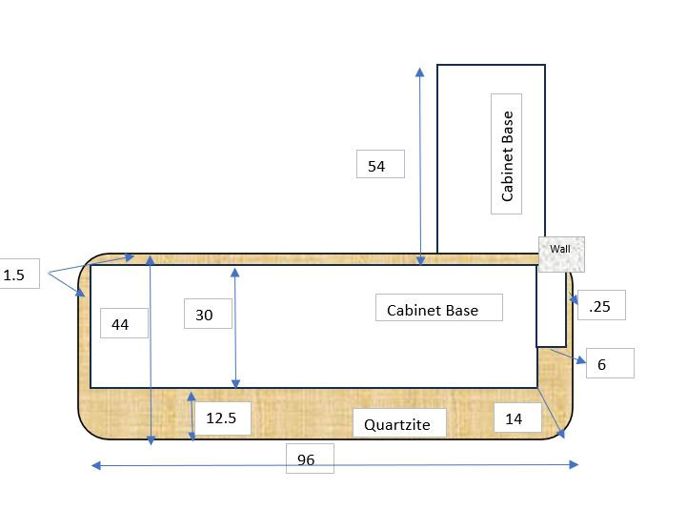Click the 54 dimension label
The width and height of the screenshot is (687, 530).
380,164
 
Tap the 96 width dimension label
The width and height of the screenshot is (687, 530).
310,459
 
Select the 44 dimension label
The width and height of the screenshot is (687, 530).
125,323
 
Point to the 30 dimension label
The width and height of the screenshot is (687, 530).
208,314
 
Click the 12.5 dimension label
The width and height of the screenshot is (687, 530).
223,418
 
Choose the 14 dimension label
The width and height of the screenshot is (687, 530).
517,418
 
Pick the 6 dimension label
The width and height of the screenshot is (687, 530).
610,363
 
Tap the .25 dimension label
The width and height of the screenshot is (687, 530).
601,305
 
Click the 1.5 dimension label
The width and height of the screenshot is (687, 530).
16,274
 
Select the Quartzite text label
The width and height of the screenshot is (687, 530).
399,423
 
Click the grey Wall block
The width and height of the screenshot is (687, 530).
561,255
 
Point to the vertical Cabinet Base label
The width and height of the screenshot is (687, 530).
506,153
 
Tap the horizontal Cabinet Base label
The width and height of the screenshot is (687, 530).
439,307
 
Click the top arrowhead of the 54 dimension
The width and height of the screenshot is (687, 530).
420,72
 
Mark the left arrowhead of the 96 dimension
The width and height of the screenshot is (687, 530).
96,465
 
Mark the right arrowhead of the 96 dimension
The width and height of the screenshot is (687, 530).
574,464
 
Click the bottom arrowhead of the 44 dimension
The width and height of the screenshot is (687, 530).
151,440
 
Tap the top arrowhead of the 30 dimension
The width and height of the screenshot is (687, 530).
234,273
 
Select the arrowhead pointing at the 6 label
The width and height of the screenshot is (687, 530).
581,360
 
